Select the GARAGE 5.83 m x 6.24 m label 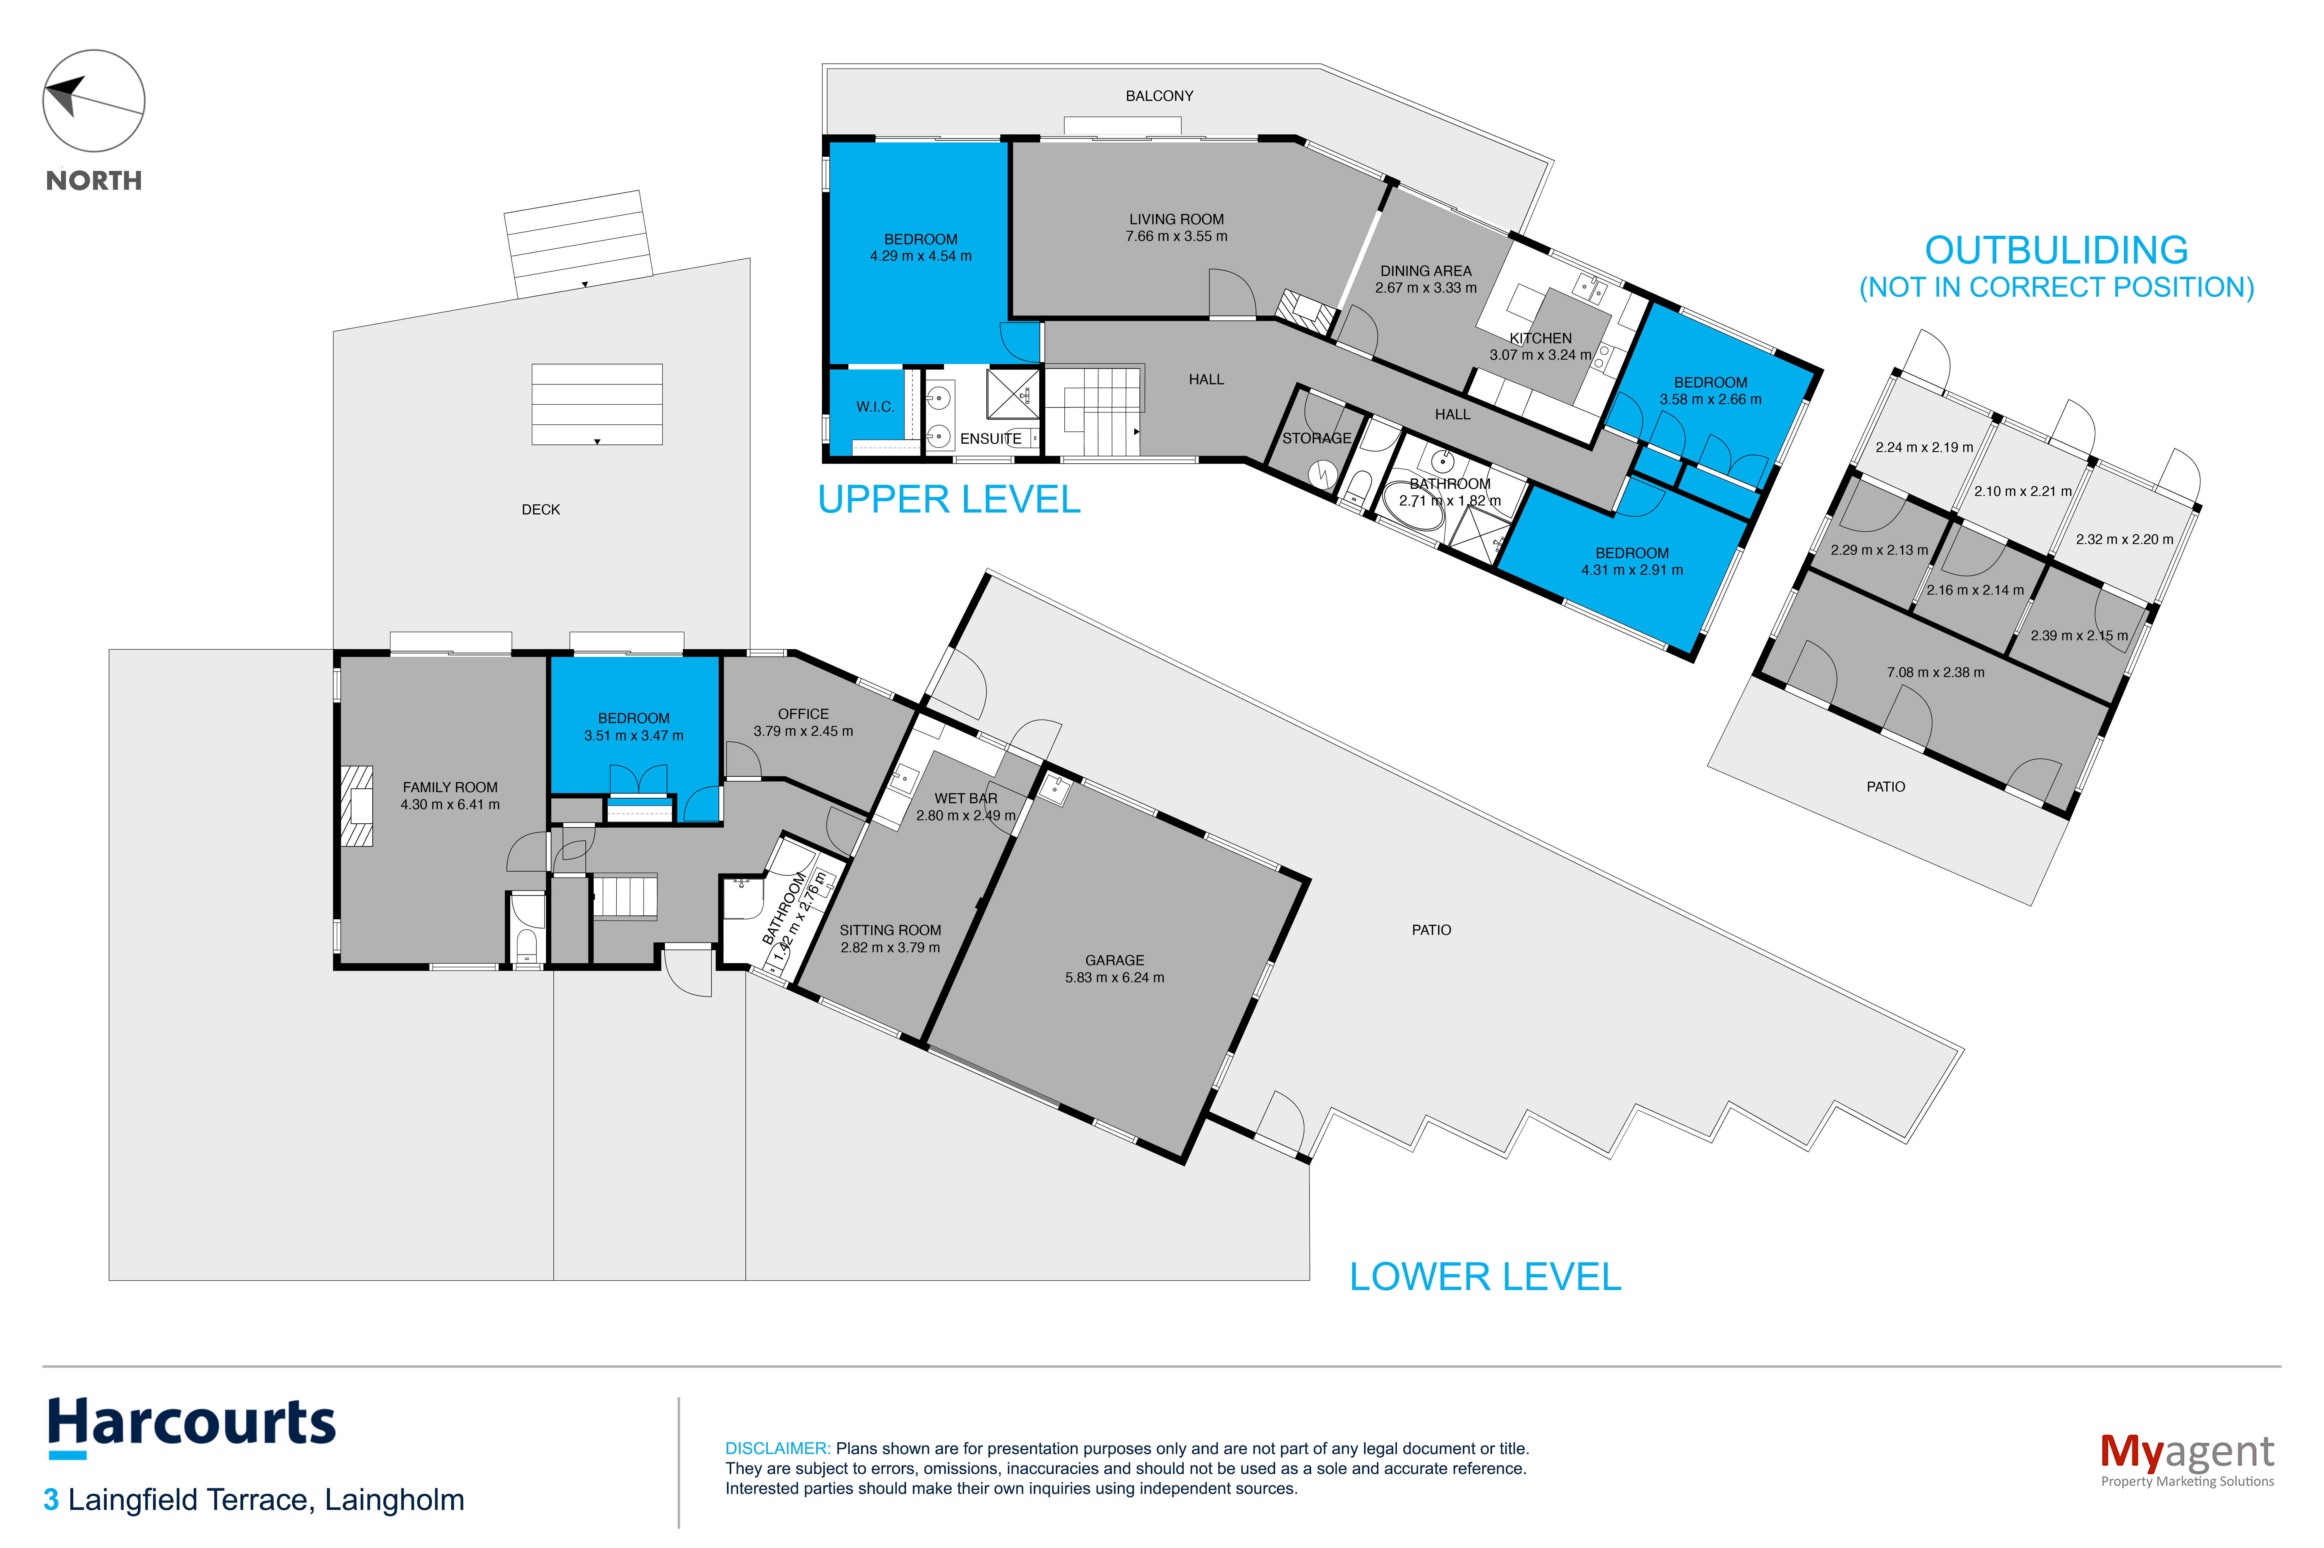1114,969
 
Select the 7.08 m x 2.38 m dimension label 1935,672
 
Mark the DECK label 540,509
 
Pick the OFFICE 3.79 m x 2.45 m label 803,722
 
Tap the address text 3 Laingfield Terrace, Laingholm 254,1500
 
